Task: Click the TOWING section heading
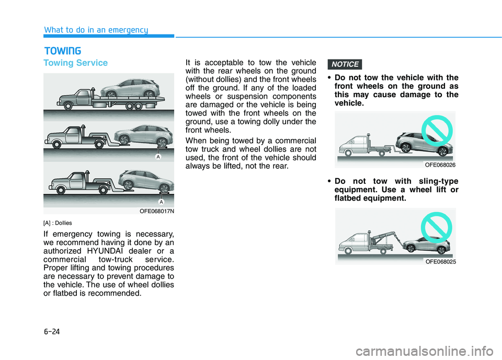coord(62,51)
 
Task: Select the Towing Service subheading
coord(76,63)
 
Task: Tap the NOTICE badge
coord(346,64)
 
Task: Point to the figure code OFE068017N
coord(157,211)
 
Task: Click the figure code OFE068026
coord(440,165)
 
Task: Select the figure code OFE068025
coord(440,261)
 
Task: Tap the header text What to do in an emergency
coord(96,30)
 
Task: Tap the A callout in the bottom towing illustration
coord(161,201)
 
